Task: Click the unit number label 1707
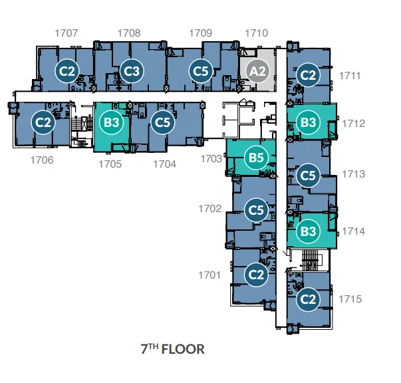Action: click(x=67, y=33)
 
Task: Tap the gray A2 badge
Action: click(x=257, y=71)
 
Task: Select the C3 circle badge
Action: click(x=132, y=71)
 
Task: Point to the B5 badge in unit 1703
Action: click(x=256, y=157)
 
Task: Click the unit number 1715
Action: click(x=350, y=299)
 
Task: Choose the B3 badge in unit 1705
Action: click(x=112, y=122)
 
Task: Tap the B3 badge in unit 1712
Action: click(x=308, y=122)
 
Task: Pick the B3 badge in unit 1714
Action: click(x=308, y=231)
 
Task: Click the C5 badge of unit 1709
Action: click(x=201, y=71)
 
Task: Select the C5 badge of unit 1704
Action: click(x=163, y=122)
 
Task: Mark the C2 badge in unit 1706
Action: click(x=43, y=122)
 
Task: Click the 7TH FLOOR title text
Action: click(x=173, y=348)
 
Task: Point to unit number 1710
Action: click(x=257, y=33)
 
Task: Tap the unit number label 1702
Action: click(x=210, y=209)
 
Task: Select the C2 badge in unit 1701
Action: click(x=256, y=275)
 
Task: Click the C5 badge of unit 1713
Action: click(x=308, y=176)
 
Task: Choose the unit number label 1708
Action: click(x=129, y=33)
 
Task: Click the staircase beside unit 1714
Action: click(x=311, y=260)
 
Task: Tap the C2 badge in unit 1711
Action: click(x=308, y=75)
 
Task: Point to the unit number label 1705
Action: click(x=110, y=164)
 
